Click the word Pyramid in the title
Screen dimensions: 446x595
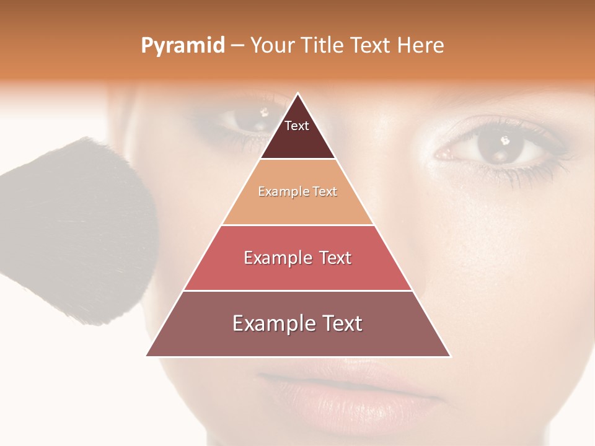tap(182, 46)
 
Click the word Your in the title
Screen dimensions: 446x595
tap(272, 45)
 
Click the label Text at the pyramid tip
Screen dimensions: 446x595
tap(296, 126)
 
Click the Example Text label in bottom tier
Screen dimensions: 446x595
tap(297, 323)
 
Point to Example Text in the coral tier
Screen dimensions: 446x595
tap(297, 258)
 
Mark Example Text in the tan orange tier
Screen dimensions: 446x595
tap(297, 191)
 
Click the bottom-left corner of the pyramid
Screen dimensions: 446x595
tap(147, 356)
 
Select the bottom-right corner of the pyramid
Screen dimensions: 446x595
tap(450, 356)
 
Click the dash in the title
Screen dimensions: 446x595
tap(237, 46)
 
